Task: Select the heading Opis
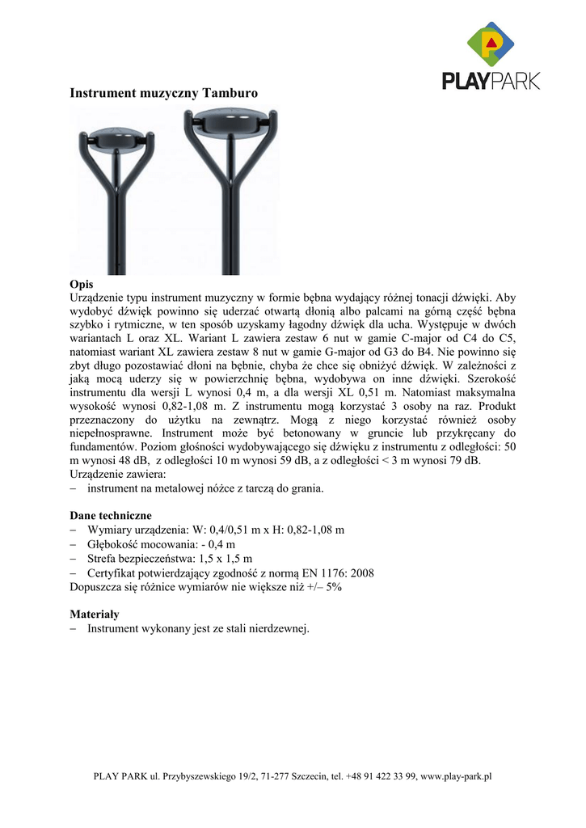tap(82, 285)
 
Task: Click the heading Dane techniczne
tap(111, 515)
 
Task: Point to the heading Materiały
tap(95, 615)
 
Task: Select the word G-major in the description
tap(320, 353)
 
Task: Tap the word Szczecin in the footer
tap(311, 777)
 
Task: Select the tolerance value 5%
tap(332, 588)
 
